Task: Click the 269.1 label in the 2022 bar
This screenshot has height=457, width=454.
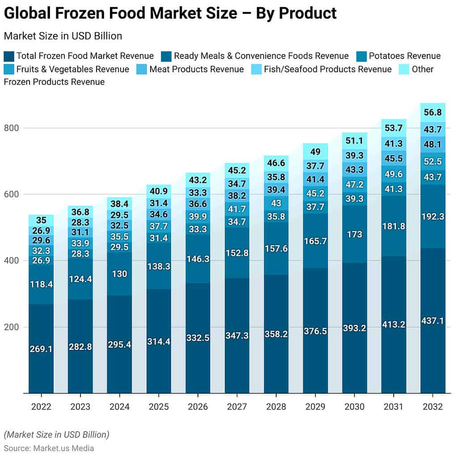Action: click(41, 349)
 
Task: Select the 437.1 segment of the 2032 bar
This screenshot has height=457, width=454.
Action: click(433, 320)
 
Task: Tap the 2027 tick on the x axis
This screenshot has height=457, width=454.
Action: click(237, 407)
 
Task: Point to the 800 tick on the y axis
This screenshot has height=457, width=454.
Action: click(12, 128)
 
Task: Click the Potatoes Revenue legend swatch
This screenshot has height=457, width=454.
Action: click(362, 56)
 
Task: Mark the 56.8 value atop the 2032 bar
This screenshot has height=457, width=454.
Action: click(433, 112)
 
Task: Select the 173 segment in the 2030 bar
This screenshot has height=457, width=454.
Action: click(354, 234)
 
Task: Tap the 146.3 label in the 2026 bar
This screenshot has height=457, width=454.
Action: click(198, 258)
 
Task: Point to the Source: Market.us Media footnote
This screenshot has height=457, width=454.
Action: click(49, 448)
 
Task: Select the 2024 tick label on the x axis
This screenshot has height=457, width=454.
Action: click(119, 407)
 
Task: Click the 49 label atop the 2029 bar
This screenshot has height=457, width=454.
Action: click(315, 152)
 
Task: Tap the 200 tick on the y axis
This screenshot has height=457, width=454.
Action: click(12, 327)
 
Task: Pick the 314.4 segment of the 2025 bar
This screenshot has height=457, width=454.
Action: click(159, 341)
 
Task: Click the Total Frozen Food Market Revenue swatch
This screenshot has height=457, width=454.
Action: click(9, 56)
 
